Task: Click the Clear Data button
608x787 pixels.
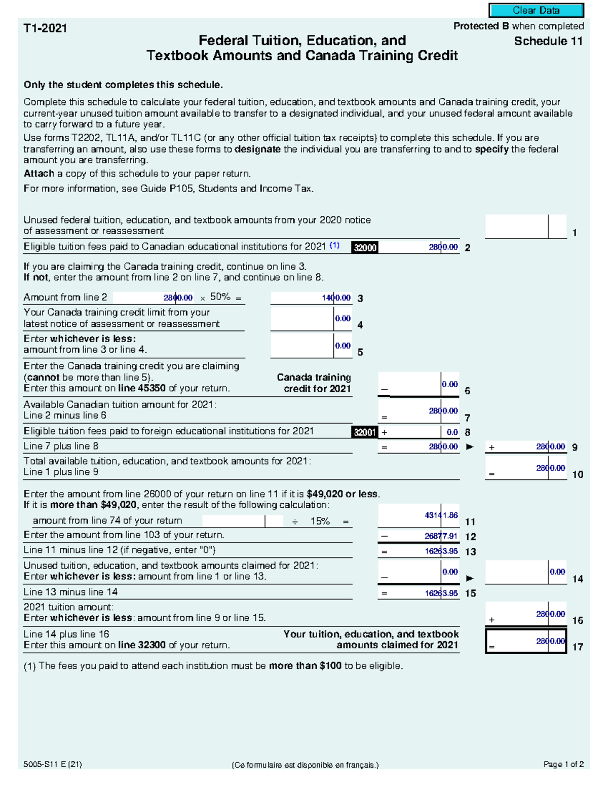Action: tap(536, 11)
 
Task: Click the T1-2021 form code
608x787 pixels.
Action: tap(45, 28)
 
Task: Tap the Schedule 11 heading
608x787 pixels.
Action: tap(548, 42)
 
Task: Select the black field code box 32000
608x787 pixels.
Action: tap(365, 247)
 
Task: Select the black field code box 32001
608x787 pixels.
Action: tap(365, 432)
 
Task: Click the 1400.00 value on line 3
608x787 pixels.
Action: tap(336, 298)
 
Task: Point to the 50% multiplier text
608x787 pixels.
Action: tap(220, 297)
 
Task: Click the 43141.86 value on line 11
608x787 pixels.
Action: tap(441, 515)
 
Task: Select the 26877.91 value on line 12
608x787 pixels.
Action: tap(441, 536)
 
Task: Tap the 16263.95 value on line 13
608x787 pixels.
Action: tap(441, 551)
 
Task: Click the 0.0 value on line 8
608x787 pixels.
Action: tap(452, 432)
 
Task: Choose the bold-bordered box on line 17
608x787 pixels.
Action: tap(526, 641)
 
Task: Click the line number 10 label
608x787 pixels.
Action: tap(578, 475)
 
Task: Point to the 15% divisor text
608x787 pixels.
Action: tap(320, 521)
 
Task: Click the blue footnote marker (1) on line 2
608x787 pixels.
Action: tap(334, 246)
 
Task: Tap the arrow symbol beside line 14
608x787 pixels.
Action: tap(470, 578)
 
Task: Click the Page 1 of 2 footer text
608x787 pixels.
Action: tap(563, 765)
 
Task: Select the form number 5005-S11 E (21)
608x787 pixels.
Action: tap(53, 765)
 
